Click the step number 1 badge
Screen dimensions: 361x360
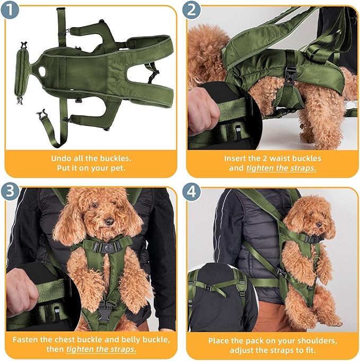click(x=10, y=10)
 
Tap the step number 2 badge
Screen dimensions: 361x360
click(x=191, y=10)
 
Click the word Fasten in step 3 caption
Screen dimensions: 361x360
click(x=26, y=340)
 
